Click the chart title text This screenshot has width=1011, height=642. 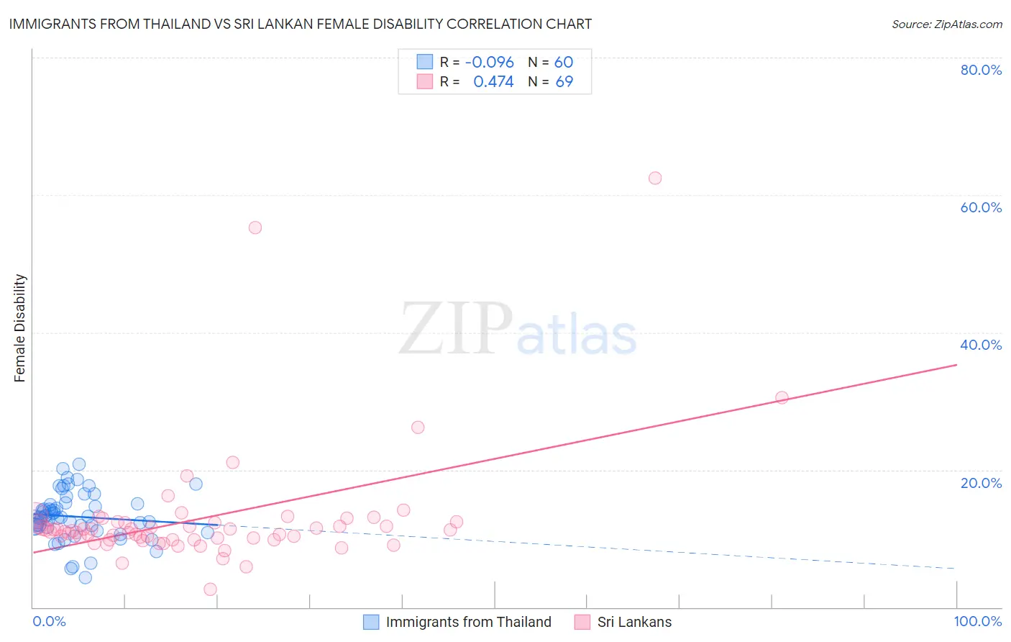(x=301, y=24)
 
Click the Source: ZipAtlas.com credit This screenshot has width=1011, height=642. (x=946, y=24)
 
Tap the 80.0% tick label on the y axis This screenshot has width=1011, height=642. (x=981, y=70)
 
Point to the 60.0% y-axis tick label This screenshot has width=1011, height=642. (x=981, y=207)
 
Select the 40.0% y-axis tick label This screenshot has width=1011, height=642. (x=981, y=345)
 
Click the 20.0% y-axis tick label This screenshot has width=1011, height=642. (x=981, y=483)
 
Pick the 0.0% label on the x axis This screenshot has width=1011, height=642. (x=49, y=621)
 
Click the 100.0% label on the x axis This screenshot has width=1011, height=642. (x=977, y=621)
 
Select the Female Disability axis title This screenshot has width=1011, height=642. (x=20, y=327)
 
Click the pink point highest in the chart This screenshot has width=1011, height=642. (x=655, y=178)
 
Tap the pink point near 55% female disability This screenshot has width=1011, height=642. (x=255, y=227)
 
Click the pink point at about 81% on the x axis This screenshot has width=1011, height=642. (x=782, y=397)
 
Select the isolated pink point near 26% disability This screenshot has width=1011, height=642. (x=418, y=428)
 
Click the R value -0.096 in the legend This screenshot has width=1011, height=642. (x=489, y=63)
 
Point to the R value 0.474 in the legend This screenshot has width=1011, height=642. (x=493, y=82)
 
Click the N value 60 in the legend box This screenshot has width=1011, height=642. (x=564, y=63)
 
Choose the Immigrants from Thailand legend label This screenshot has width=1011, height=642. (x=468, y=622)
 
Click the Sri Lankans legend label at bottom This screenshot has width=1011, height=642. (x=634, y=622)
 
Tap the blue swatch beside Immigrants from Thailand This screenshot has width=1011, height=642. (x=371, y=622)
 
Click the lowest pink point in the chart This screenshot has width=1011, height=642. (x=210, y=589)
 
